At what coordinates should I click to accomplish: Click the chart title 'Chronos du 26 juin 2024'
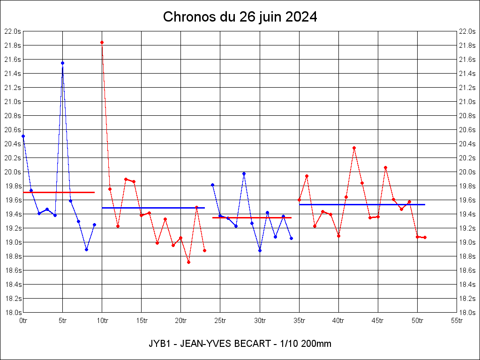(240, 17)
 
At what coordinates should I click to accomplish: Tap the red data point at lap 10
(102, 43)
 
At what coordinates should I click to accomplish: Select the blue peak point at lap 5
(62, 63)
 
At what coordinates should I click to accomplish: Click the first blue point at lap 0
(23, 136)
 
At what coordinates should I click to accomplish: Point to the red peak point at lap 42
(354, 148)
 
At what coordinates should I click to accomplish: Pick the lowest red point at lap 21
(188, 262)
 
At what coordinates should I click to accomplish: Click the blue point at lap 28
(244, 173)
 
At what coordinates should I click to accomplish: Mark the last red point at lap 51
(425, 238)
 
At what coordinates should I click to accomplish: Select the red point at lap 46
(385, 167)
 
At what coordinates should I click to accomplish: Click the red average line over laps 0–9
(59, 192)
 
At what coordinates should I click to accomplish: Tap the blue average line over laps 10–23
(153, 208)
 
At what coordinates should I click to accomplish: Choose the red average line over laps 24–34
(252, 217)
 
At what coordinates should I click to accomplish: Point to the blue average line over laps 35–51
(362, 204)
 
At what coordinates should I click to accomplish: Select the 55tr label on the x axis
(457, 321)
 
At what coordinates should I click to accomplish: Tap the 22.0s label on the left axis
(12, 31)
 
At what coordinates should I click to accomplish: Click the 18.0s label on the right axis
(468, 313)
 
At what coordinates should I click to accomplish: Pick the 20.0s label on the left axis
(12, 172)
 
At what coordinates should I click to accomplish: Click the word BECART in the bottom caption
(254, 344)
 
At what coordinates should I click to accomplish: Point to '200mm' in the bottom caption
(317, 344)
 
